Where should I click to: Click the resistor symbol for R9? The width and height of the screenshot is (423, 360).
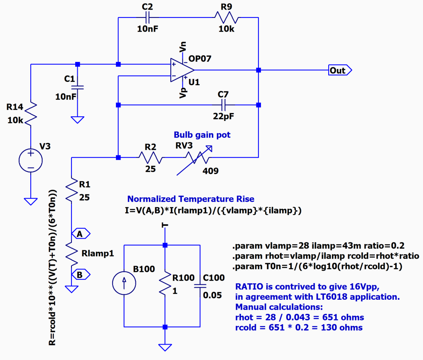(226, 17)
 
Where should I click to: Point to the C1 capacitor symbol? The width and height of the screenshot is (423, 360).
(77, 87)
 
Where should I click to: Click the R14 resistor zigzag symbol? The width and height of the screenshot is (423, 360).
(31, 113)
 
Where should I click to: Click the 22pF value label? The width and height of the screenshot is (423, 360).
(223, 117)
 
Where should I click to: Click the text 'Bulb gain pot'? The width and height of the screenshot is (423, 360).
(202, 135)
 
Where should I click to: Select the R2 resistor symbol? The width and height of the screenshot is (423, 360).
(150, 157)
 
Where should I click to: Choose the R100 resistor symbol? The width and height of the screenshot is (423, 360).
(165, 284)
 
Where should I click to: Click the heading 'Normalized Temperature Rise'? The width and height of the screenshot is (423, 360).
(191, 199)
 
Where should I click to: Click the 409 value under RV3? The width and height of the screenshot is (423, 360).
(210, 171)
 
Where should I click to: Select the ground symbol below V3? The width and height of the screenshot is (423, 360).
(31, 201)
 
